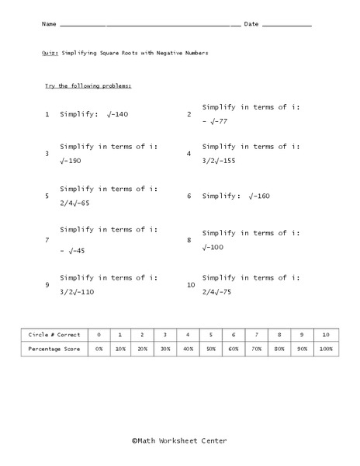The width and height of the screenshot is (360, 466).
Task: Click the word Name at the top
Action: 49,25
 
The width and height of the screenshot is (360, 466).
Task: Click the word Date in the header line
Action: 251,25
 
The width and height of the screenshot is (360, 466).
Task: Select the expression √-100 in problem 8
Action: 213,248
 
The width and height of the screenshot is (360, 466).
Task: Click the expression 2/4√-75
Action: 221,292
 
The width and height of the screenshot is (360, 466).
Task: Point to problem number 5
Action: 47,196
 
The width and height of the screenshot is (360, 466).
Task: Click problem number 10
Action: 191,285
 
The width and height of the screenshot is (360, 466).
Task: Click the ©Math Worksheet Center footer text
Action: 179,440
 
